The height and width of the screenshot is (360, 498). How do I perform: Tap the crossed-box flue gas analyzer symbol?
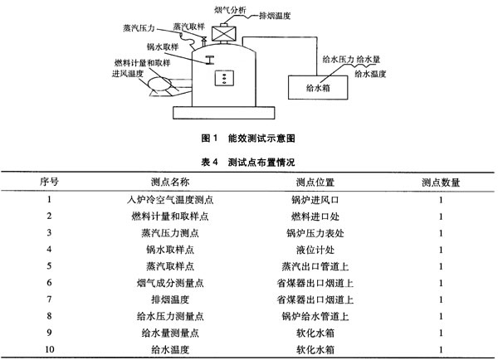(x=224, y=33)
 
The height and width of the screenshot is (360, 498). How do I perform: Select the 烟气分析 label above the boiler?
(x=230, y=10)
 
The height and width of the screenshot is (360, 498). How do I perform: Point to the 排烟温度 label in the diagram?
(x=275, y=16)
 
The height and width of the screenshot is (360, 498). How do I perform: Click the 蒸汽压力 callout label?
(x=139, y=28)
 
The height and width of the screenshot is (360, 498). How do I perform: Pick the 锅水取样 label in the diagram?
(x=163, y=47)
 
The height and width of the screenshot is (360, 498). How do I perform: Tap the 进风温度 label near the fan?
(x=128, y=74)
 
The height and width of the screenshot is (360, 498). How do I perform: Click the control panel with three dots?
(x=224, y=78)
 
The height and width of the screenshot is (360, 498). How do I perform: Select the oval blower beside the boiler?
(x=159, y=85)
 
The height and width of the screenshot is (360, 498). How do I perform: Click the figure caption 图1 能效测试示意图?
(x=248, y=138)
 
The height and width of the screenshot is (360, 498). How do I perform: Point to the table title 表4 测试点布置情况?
(x=248, y=163)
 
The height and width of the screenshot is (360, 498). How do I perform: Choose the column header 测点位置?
(x=315, y=182)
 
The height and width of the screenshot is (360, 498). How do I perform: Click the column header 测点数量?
(x=441, y=182)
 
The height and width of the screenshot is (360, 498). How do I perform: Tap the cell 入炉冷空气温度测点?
(x=170, y=200)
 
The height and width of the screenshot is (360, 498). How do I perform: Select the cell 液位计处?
(x=315, y=250)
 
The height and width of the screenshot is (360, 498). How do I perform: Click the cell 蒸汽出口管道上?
(x=315, y=266)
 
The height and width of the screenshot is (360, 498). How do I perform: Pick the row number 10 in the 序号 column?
(x=49, y=349)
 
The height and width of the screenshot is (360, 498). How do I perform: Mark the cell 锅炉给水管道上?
(x=315, y=316)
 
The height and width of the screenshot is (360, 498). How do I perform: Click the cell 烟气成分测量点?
(x=170, y=283)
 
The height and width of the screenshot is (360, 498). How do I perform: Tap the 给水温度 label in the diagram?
(x=370, y=75)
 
